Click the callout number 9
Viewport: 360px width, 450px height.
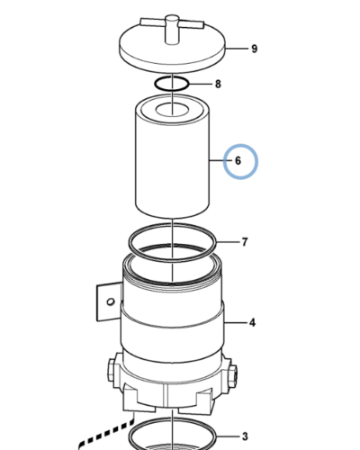(x=255, y=49)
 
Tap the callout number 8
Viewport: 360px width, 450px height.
(x=217, y=85)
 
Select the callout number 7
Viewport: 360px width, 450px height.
(x=244, y=242)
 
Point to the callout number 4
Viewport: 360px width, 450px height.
(x=253, y=321)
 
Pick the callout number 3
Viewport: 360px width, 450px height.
(x=243, y=436)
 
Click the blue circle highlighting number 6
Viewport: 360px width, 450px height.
(x=239, y=161)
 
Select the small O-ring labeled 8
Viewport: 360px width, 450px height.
(x=171, y=85)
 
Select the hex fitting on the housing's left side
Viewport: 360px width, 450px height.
(x=112, y=369)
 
